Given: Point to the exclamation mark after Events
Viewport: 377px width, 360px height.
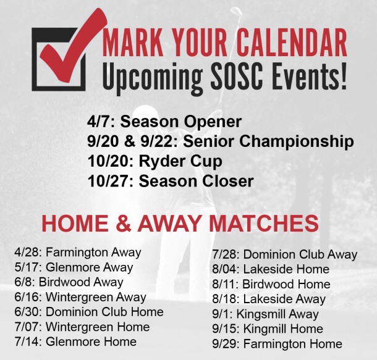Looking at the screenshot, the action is pos(342,76).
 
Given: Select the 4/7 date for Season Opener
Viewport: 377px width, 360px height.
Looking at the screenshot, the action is pos(99,122).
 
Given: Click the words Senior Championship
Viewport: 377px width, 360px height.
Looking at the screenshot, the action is pos(268,141).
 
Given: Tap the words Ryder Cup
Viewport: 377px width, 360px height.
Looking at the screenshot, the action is pos(180,161).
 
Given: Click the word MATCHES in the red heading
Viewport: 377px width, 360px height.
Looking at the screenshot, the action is pos(264,224).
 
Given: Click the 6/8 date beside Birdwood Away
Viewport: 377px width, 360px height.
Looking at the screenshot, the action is pos(25,282).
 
